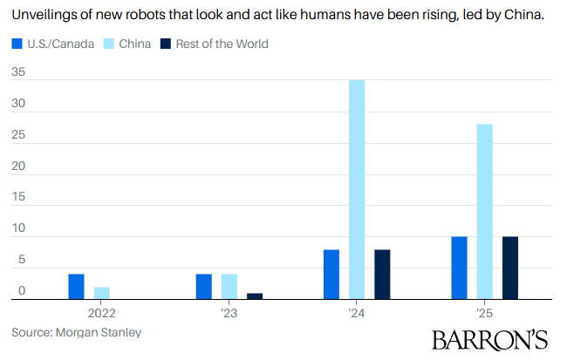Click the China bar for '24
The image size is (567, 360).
(357, 189)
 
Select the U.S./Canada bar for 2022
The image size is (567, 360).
(76, 287)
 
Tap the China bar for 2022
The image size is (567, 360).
(102, 293)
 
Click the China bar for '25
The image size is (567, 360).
(484, 212)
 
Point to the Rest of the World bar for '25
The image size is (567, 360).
(510, 268)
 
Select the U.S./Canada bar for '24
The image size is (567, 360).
(331, 275)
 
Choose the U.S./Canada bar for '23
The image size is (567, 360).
(203, 287)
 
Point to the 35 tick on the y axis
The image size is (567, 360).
(18, 74)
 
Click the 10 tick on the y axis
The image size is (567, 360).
(18, 230)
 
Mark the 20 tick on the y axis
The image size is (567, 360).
(18, 167)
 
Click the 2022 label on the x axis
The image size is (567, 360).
(102, 311)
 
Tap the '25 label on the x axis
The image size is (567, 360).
(484, 311)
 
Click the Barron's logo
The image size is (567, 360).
(490, 339)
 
